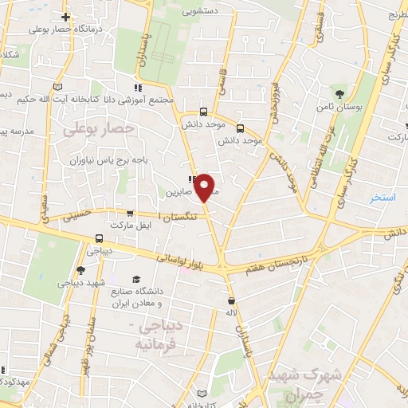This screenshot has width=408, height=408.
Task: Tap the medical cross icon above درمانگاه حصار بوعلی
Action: pos(65,17)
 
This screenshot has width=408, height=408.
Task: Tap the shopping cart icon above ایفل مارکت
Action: pos(130,214)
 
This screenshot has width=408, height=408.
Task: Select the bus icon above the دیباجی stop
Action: pos(99,237)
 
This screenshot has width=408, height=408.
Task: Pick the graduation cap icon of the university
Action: pos(135,280)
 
